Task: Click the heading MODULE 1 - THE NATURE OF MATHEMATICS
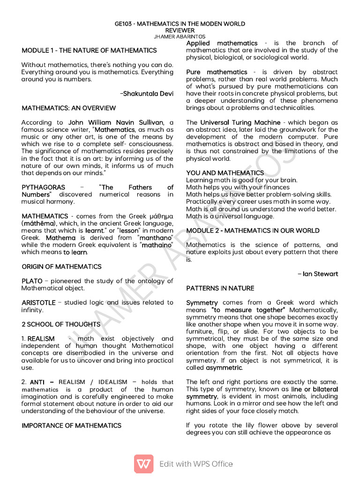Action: (89, 50)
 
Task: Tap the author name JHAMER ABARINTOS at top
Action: (180, 36)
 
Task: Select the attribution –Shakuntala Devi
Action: (147, 94)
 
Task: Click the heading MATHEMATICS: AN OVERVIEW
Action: (69, 108)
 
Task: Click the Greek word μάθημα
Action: (160, 216)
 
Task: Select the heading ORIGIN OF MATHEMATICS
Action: (61, 267)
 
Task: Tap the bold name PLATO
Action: (32, 281)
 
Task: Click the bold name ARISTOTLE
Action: (38, 303)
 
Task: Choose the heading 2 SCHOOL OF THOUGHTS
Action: (54, 324)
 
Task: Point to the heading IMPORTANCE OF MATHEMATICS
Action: (71, 426)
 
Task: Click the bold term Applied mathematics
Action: (222, 43)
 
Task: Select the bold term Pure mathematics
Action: (217, 72)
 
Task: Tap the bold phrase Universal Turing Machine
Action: (240, 123)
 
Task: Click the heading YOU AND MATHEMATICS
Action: (225, 173)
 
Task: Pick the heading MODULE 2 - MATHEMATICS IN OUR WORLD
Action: (253, 231)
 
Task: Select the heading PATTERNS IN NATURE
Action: (220, 288)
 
